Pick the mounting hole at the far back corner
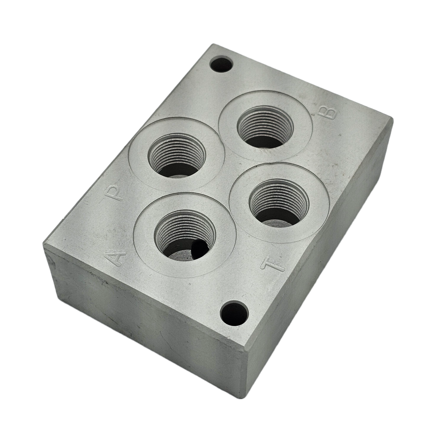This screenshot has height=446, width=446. pos(221,65)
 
